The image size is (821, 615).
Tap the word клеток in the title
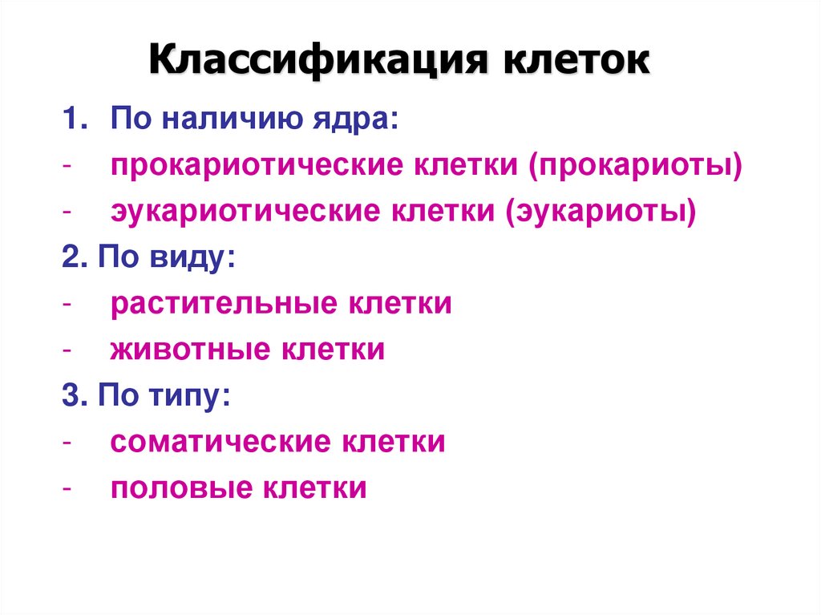576,62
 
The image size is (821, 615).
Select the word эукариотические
245,212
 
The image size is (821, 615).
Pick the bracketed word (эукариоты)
601,212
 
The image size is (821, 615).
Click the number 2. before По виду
74,259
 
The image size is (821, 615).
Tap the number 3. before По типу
74,397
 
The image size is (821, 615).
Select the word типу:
196,397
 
